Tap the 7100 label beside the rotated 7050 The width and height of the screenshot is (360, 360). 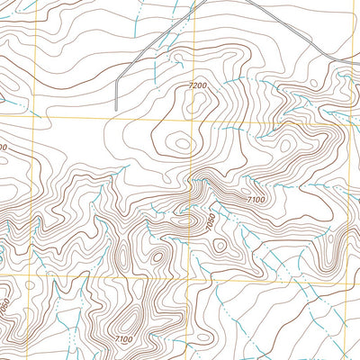(x=256, y=200)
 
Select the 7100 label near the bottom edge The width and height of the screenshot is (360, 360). (x=123, y=339)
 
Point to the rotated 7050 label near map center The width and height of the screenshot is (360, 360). (x=211, y=221)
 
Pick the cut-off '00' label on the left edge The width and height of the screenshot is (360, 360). (x=3, y=146)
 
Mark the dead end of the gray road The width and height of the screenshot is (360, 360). (x=117, y=110)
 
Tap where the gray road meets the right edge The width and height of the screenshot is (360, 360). (x=358, y=62)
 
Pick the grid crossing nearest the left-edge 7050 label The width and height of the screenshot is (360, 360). (x=33, y=275)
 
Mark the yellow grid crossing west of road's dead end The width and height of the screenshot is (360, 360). (x=34, y=118)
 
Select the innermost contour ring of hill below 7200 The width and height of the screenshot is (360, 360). (x=183, y=142)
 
